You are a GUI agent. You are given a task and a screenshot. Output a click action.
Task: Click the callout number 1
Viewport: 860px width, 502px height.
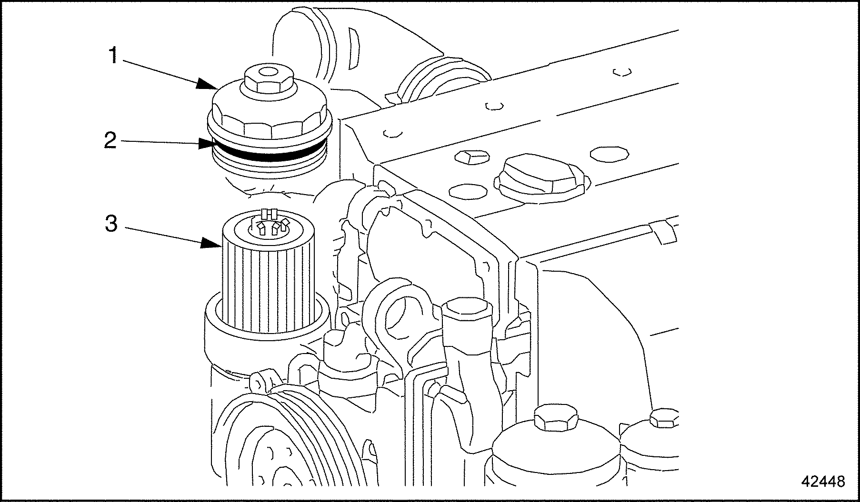click(113, 56)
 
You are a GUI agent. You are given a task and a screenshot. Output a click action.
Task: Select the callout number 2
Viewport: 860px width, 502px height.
click(110, 140)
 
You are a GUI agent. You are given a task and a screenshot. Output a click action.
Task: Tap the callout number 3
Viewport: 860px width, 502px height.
click(111, 224)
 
